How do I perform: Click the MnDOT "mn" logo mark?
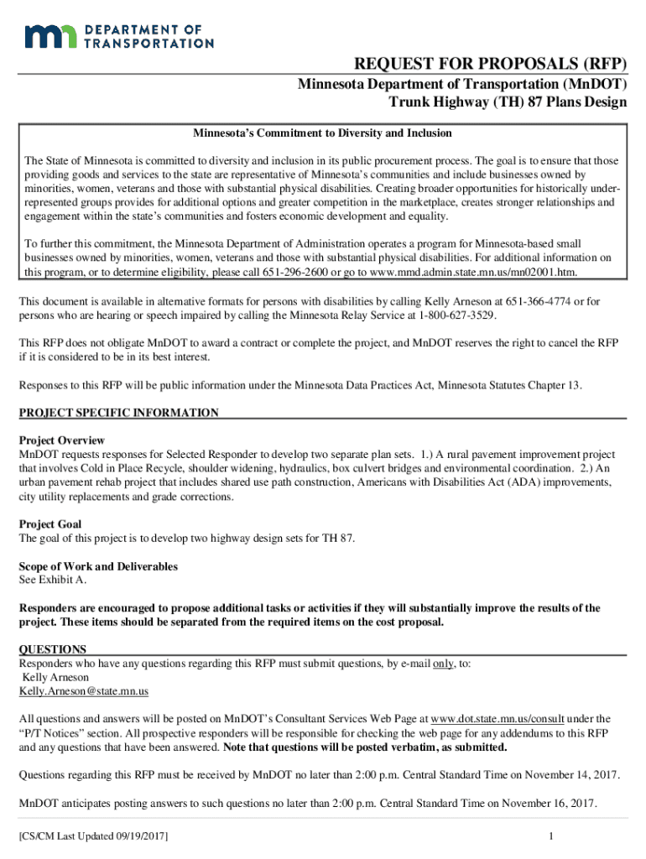pyautogui.click(x=51, y=36)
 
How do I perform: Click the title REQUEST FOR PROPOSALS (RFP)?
pyautogui.click(x=490, y=65)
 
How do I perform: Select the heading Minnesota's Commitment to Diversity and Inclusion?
pyautogui.click(x=323, y=133)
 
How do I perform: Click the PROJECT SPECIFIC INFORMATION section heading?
pyautogui.click(x=118, y=413)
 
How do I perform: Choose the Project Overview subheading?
pyautogui.click(x=62, y=440)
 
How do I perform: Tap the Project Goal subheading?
pyautogui.click(x=50, y=524)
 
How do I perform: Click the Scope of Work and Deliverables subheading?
pyautogui.click(x=98, y=566)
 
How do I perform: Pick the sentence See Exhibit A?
pyautogui.click(x=52, y=580)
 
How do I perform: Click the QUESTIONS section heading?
pyautogui.click(x=52, y=649)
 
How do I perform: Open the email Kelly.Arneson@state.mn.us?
pyautogui.click(x=84, y=691)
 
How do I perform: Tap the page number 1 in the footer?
pyautogui.click(x=550, y=836)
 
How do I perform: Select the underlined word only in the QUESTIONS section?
pyautogui.click(x=443, y=664)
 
